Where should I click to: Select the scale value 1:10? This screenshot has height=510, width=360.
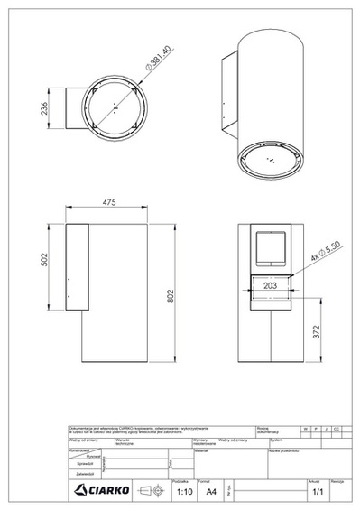pos(184,493)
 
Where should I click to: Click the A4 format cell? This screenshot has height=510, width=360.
pos(211,493)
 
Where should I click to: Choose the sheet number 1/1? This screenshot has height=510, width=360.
pos(317,493)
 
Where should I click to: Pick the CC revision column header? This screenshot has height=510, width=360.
pos(336,427)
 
